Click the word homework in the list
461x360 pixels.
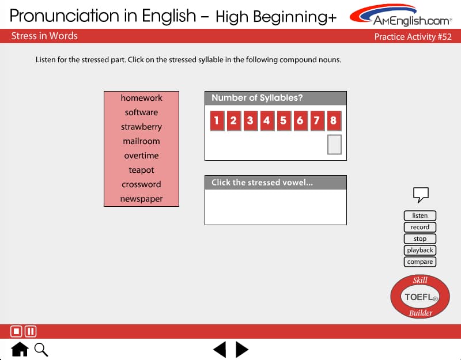coord(141,98)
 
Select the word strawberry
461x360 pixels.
coord(141,127)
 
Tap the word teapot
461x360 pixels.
coord(141,170)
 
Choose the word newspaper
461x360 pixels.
coord(141,199)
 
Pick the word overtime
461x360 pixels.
coord(141,156)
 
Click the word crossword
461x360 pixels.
coord(141,184)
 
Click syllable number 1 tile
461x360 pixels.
coord(217,121)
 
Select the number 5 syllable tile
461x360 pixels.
coord(284,121)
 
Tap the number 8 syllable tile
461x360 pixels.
coord(334,121)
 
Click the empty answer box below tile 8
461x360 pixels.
coord(334,145)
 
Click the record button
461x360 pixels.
coord(420,227)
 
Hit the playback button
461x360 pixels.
coord(420,250)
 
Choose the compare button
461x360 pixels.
coord(420,262)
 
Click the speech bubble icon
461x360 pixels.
coord(421,194)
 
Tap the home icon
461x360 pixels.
coord(20,349)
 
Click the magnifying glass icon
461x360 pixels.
coord(41,350)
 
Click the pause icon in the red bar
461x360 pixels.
coord(31,332)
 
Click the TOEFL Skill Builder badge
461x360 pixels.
coord(420,297)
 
